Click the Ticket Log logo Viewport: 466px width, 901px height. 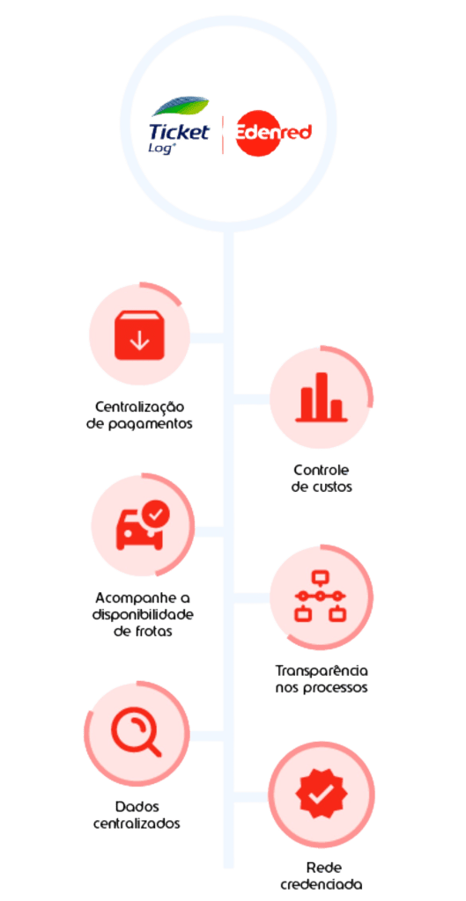(180, 127)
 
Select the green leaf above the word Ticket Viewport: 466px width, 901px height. (181, 106)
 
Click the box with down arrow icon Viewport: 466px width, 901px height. (139, 336)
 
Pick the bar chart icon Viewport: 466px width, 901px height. (321, 398)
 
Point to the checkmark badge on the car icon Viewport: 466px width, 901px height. (156, 514)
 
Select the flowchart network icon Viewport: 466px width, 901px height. (321, 597)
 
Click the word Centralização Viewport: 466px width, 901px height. (139, 407)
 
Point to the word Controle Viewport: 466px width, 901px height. (322, 470)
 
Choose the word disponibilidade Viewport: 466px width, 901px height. (144, 614)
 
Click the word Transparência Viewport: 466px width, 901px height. (322, 670)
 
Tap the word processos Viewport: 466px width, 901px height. (337, 688)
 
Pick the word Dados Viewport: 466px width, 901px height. (137, 806)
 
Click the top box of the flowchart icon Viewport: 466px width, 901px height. (320, 576)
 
